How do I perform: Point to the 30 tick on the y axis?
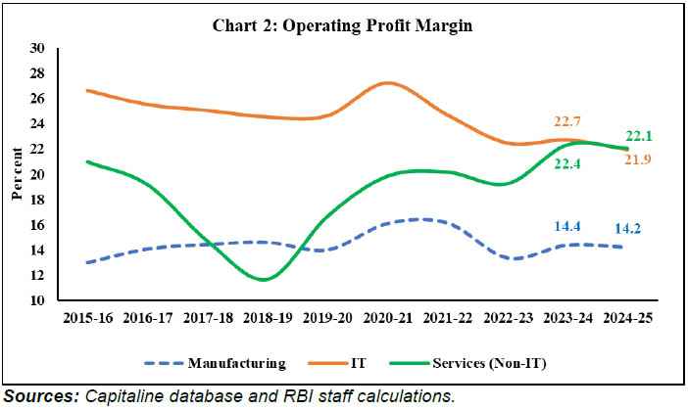(38, 48)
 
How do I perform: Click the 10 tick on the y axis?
(38, 301)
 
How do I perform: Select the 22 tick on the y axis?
(38, 150)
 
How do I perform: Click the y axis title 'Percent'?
(17, 175)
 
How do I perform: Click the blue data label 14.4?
(562, 252)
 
